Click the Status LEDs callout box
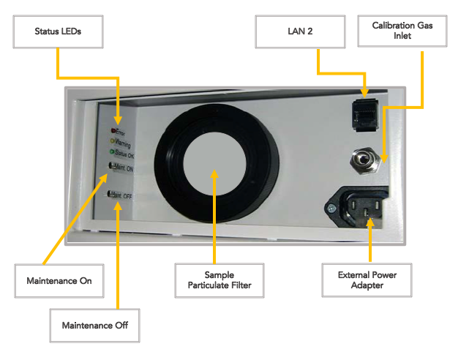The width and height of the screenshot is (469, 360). [x=59, y=32]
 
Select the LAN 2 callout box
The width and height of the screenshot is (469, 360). [x=300, y=32]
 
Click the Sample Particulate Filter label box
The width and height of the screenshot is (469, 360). [x=213, y=280]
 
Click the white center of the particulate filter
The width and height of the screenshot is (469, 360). [x=213, y=173]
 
